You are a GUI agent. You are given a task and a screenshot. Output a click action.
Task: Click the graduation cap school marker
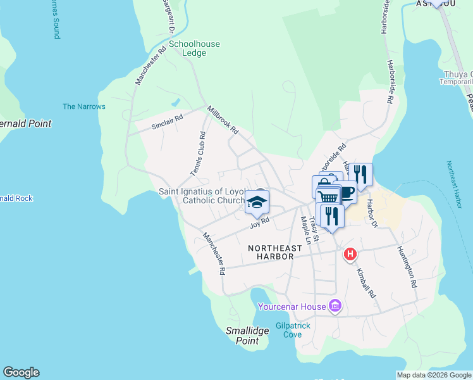257,203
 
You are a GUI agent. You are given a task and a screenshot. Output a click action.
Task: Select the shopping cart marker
328,198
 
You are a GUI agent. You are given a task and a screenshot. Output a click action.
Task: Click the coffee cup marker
345,191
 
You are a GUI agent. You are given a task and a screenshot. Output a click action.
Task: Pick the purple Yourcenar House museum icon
335,307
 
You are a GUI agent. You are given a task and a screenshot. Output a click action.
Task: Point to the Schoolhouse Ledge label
194,49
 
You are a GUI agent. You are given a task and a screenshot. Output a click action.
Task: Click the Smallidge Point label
243,336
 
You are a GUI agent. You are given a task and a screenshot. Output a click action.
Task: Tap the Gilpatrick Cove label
293,330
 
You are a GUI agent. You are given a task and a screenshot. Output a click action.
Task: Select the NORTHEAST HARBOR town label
271,252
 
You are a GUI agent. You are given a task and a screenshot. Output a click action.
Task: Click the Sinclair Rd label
167,122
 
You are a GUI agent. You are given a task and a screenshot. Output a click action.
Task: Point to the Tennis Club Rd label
199,154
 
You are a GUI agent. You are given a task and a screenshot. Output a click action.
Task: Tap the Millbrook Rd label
223,120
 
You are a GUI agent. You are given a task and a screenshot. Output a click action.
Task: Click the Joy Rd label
260,222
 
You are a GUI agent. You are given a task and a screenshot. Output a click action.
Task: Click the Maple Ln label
306,231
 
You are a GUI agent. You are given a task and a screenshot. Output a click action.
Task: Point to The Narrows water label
84,106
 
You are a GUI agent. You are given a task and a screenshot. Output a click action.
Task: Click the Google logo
21,372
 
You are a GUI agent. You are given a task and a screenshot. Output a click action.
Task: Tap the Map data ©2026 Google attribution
434,375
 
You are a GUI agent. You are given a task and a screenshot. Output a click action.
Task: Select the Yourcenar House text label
292,307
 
